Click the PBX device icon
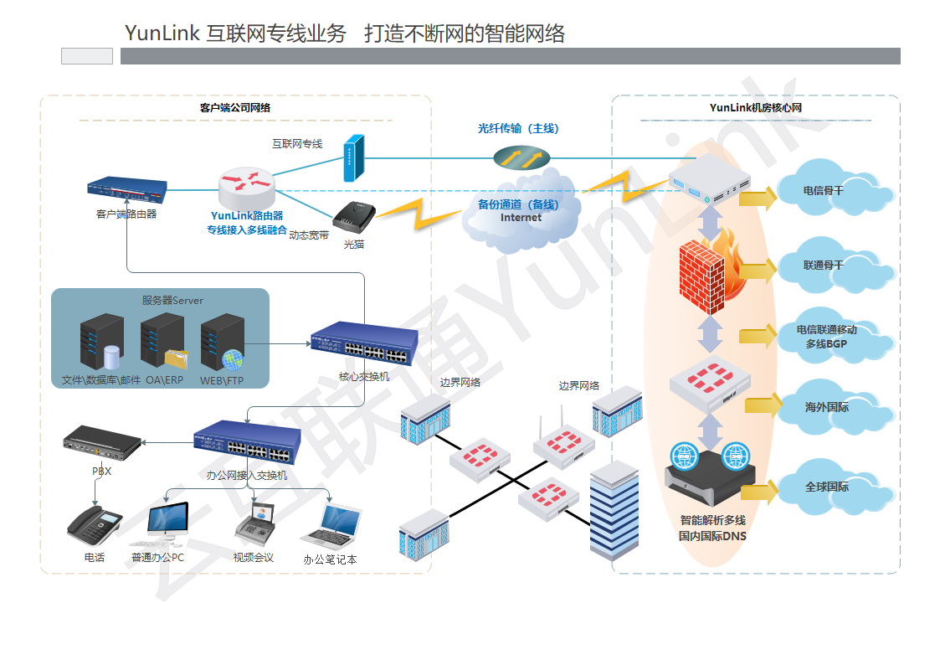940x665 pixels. (x=102, y=441)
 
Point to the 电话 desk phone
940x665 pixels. (x=94, y=525)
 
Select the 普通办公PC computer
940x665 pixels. (x=167, y=521)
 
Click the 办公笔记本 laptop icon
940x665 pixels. (x=331, y=525)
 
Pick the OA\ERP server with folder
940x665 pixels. (x=164, y=343)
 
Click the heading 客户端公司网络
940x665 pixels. (x=235, y=108)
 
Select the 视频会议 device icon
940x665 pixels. (x=253, y=525)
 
